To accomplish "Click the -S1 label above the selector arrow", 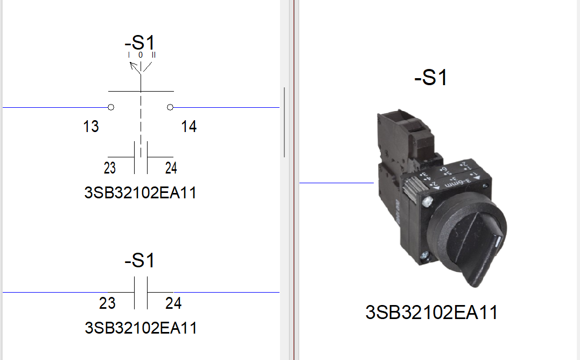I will (139, 43).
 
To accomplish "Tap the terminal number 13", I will (91, 127).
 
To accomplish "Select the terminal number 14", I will (189, 127).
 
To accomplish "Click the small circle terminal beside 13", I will (111, 107).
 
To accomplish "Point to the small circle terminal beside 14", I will (170, 107).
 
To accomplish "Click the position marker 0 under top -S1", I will (141, 55).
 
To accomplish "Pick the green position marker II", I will (153, 55).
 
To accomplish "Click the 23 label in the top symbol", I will (110, 168).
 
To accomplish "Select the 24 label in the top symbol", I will (171, 168).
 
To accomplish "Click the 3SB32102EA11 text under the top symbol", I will (140, 193).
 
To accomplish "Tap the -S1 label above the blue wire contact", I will (139, 261).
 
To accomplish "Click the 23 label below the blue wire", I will (107, 303).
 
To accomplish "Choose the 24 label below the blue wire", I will (173, 303).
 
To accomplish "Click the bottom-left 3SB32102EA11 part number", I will (141, 327).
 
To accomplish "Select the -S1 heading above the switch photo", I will (431, 78).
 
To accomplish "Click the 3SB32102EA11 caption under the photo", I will (431, 313).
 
